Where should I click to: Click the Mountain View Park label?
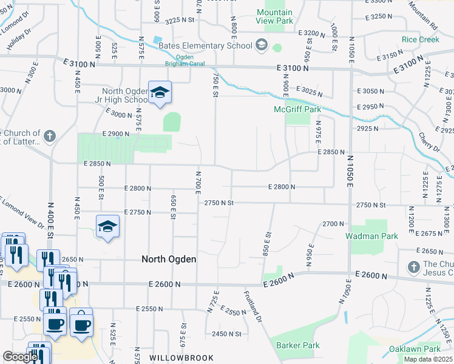click(x=274, y=16)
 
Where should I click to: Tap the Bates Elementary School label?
click(x=205, y=45)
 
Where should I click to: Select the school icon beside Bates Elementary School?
click(x=261, y=44)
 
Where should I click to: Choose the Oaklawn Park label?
click(x=415, y=349)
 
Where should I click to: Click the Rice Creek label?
click(x=420, y=40)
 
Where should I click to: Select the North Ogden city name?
click(x=169, y=259)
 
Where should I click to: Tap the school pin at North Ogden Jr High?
click(x=160, y=93)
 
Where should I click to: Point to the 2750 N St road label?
click(x=219, y=203)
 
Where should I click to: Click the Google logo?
click(x=20, y=357)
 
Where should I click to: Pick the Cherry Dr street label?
click(x=432, y=143)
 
